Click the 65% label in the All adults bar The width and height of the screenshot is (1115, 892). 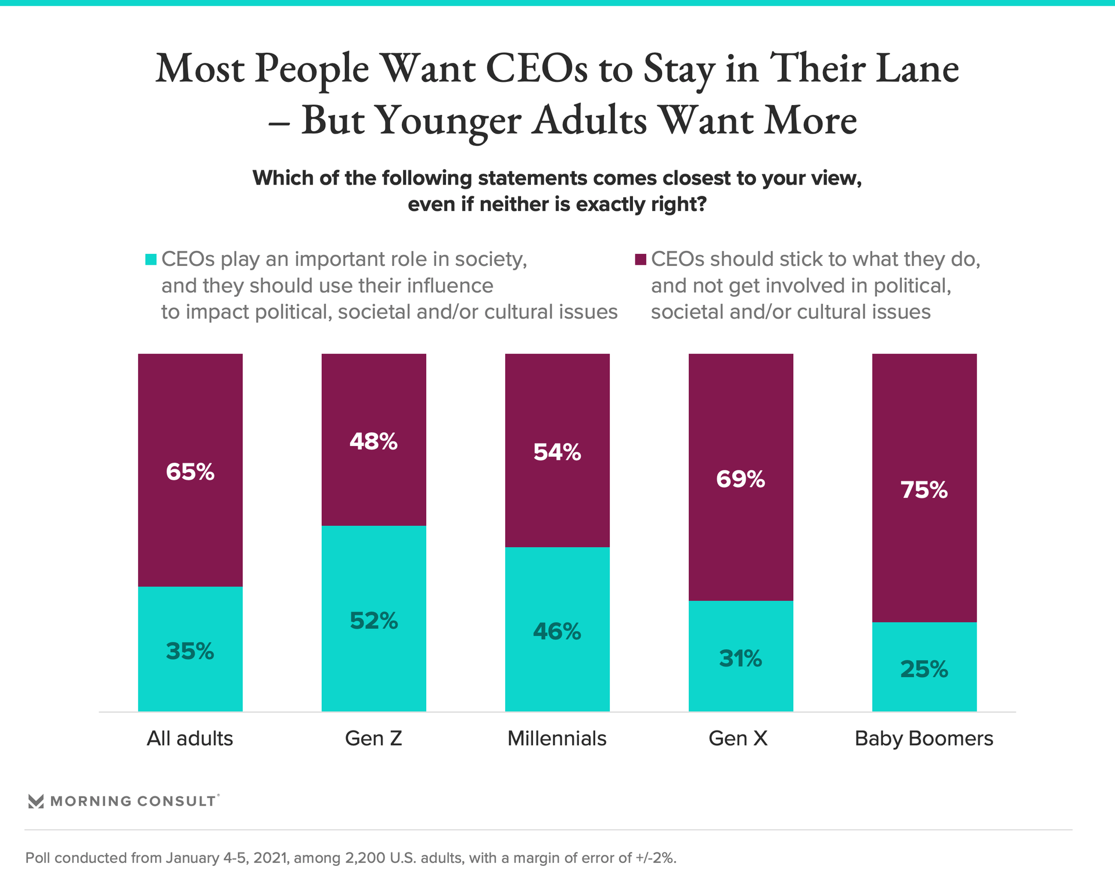coord(190,472)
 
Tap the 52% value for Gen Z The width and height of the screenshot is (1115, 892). coord(373,621)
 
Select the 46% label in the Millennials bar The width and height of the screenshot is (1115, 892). coord(557,631)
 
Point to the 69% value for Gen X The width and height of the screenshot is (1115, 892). coord(740,479)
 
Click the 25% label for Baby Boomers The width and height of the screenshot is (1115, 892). coord(924,669)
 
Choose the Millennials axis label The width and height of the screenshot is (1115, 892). coord(557,738)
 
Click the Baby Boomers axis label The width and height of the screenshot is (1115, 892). coord(924,738)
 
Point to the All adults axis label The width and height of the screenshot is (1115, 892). coord(190,738)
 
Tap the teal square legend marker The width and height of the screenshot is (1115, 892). coord(151,260)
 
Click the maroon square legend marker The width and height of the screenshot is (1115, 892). coord(641,260)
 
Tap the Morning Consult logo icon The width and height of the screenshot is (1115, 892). coord(36,801)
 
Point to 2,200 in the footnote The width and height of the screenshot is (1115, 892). coord(365,858)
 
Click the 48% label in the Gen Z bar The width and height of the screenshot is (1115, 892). coord(373,442)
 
